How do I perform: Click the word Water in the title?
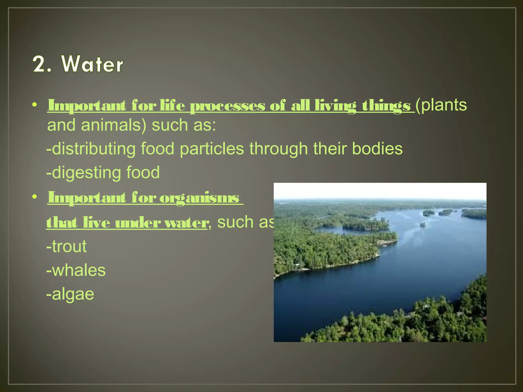pyautogui.click(x=92, y=64)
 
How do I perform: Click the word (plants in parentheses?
pyautogui.click(x=441, y=105)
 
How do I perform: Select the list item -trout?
pyautogui.click(x=66, y=246)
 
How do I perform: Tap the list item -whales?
pyautogui.click(x=76, y=270)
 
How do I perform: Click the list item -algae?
pyautogui.click(x=70, y=294)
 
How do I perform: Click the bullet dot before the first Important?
pyautogui.click(x=35, y=105)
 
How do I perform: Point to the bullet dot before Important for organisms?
pyautogui.click(x=35, y=197)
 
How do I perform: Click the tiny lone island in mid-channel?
pyautogui.click(x=422, y=225)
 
